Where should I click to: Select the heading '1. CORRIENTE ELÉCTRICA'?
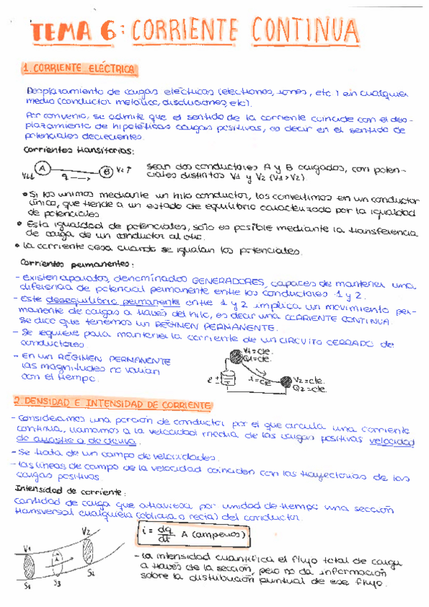point(79,69)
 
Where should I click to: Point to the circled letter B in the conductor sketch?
point(106,172)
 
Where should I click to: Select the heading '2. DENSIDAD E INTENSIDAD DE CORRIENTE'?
point(113,406)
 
